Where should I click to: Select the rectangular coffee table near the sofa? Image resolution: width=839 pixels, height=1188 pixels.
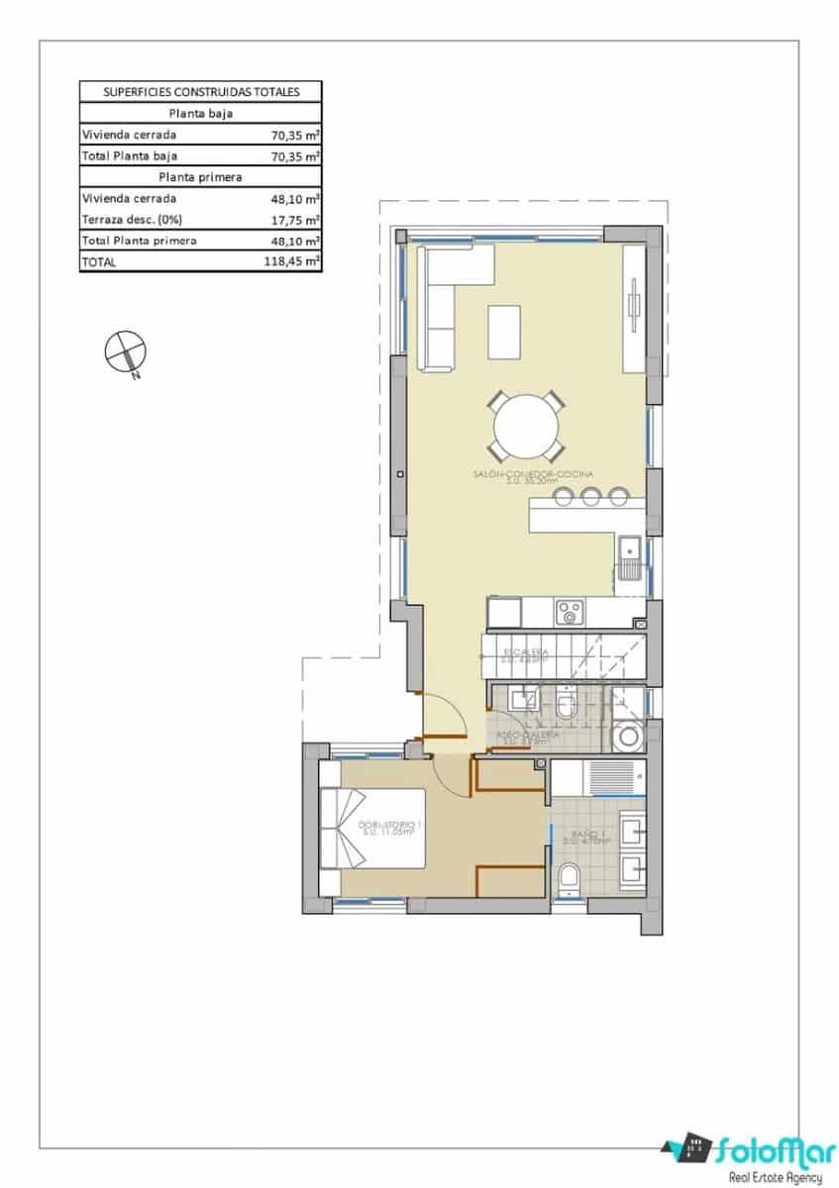click(504, 332)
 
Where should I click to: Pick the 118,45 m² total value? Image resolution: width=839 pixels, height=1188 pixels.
click(296, 262)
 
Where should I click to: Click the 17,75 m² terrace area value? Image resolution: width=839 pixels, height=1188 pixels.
click(296, 220)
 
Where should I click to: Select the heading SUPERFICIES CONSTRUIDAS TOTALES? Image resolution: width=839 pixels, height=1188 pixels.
click(201, 92)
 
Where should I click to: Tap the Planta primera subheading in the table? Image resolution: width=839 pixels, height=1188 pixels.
click(201, 176)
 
